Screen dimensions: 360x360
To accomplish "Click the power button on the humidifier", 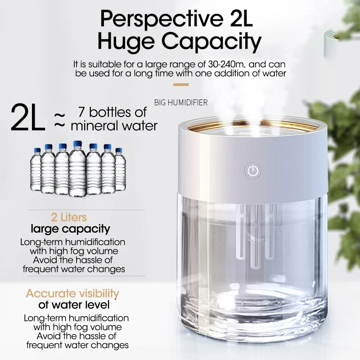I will (253, 171).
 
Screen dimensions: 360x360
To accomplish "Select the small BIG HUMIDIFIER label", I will (181, 103).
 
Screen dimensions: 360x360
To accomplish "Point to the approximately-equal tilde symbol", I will (60, 119).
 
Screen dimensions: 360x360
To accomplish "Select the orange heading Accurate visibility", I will (72, 294).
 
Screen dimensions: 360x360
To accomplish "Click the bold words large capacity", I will (70, 229).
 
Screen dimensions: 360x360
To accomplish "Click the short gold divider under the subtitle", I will (181, 84).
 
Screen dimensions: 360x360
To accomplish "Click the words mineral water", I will (114, 125).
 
